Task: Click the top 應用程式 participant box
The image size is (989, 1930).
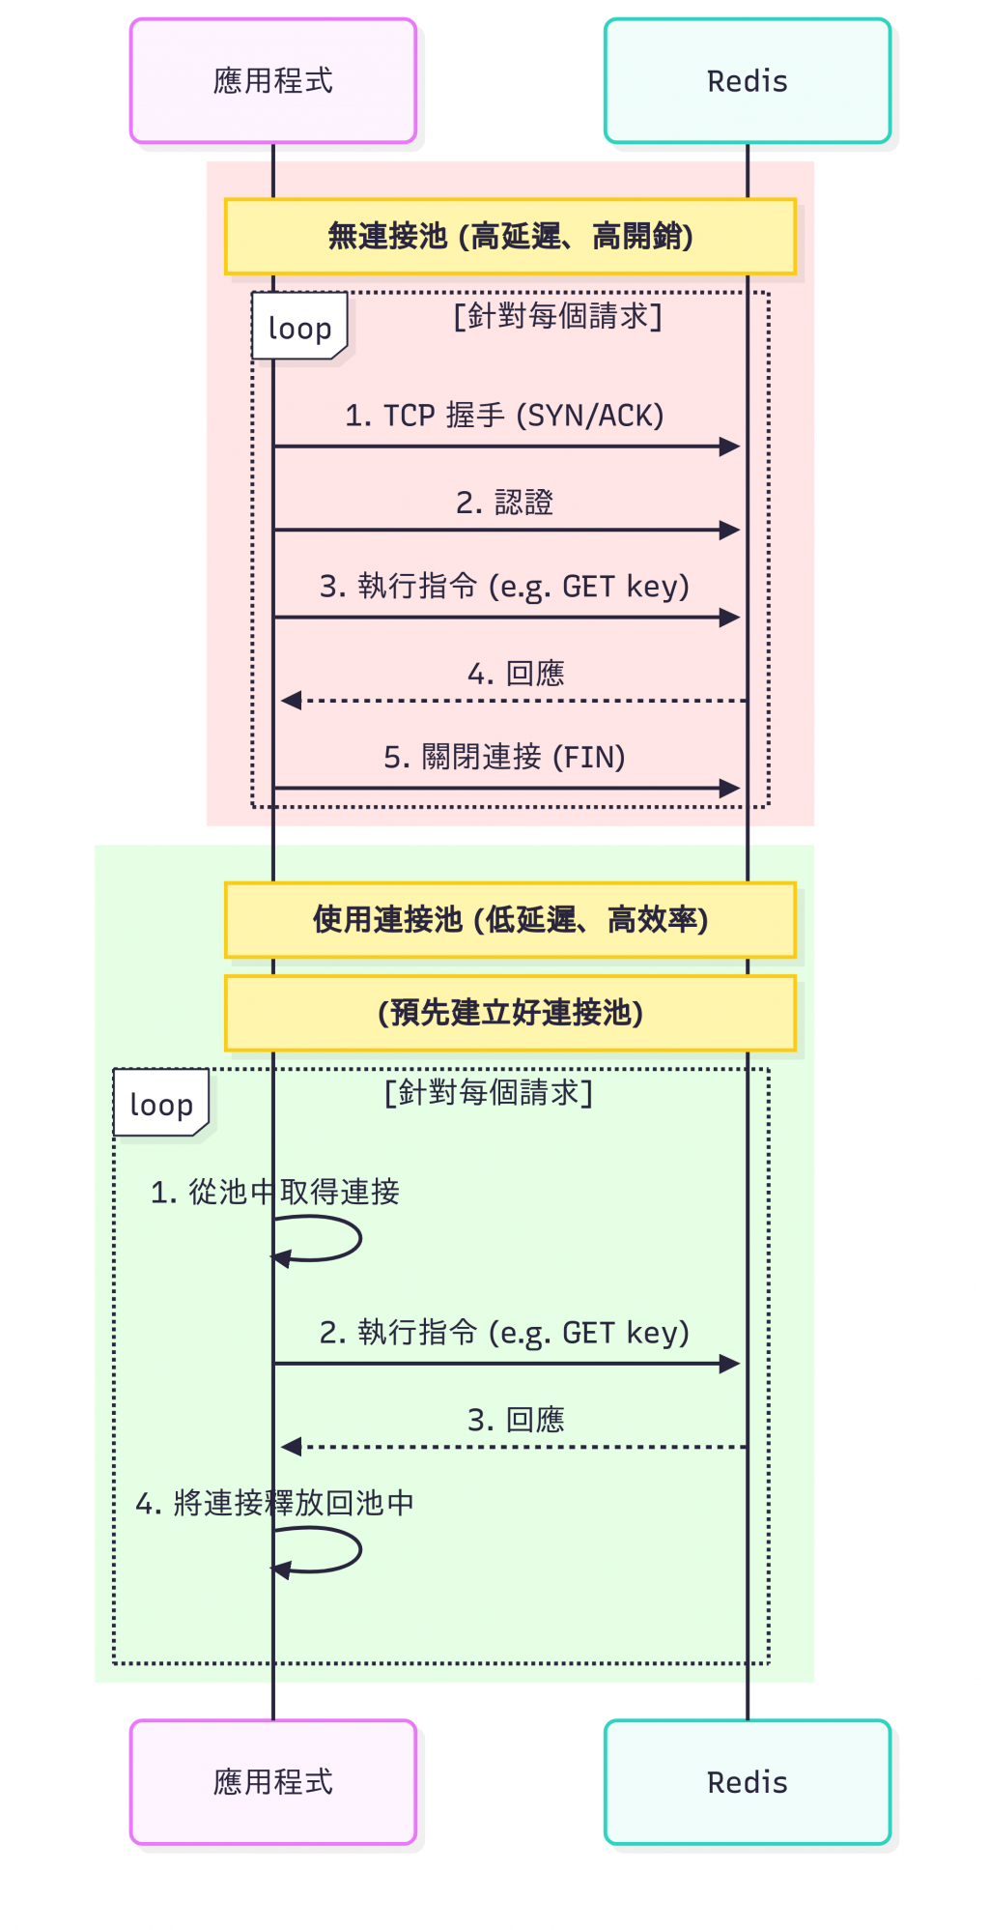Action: pyautogui.click(x=273, y=81)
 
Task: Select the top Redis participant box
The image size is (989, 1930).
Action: pyautogui.click(x=747, y=81)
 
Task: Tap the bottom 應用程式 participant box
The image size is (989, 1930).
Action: pyautogui.click(x=273, y=1781)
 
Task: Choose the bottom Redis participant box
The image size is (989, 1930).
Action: pyautogui.click(x=747, y=1781)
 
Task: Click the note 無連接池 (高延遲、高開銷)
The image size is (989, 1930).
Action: pyautogui.click(x=510, y=237)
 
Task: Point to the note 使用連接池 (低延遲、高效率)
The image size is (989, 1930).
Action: pyautogui.click(x=510, y=920)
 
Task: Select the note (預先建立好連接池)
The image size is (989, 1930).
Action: pyautogui.click(x=510, y=1013)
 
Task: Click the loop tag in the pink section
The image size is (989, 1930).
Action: pyautogui.click(x=299, y=328)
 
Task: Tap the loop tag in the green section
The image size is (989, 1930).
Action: pyautogui.click(x=161, y=1104)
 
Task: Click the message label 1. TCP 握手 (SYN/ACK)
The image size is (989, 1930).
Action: pyautogui.click(x=504, y=416)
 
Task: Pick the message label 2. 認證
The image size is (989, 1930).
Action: pyautogui.click(x=504, y=503)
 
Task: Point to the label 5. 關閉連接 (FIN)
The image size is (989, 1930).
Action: pyautogui.click(x=504, y=757)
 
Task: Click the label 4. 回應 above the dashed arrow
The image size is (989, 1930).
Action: pyautogui.click(x=516, y=674)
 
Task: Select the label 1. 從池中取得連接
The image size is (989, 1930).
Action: pyautogui.click(x=275, y=1192)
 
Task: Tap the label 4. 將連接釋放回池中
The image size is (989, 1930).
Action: pyautogui.click(x=275, y=1503)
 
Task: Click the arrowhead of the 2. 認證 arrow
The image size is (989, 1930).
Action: pyautogui.click(x=730, y=530)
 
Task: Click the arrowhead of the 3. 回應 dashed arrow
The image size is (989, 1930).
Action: pyautogui.click(x=291, y=1447)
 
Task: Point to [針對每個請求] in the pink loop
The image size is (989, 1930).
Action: pyautogui.click(x=558, y=316)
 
